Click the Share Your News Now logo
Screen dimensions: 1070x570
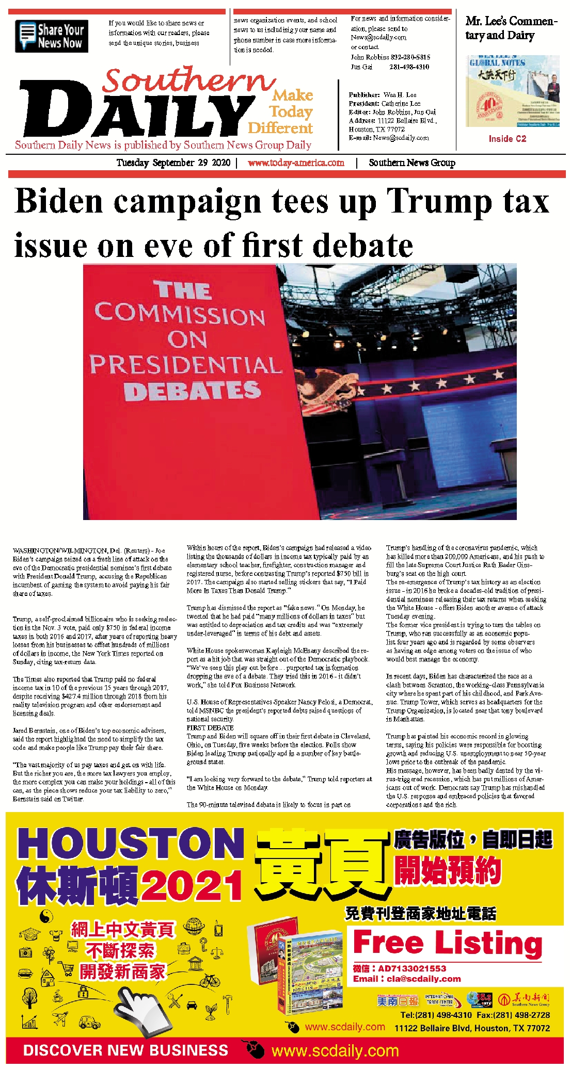click(52, 36)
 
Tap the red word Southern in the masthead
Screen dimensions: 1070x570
click(188, 80)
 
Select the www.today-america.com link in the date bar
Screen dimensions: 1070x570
click(296, 163)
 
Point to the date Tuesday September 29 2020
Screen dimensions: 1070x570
click(173, 163)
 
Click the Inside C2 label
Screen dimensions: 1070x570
click(507, 139)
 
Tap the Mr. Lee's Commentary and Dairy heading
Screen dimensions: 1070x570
click(511, 28)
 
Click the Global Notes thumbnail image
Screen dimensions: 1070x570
click(512, 91)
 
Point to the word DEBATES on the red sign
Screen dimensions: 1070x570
click(192, 391)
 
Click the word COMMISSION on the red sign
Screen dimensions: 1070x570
click(180, 314)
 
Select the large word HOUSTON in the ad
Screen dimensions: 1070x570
click(131, 845)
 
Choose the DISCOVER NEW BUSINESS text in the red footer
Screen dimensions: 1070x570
click(125, 1050)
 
